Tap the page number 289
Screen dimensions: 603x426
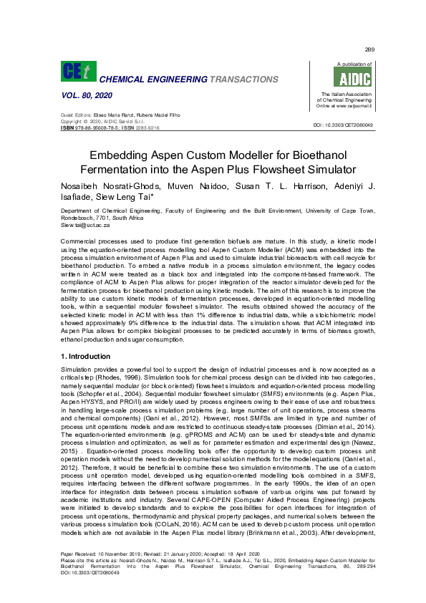pos(369,49)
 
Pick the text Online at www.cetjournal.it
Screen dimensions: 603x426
pos(347,106)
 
